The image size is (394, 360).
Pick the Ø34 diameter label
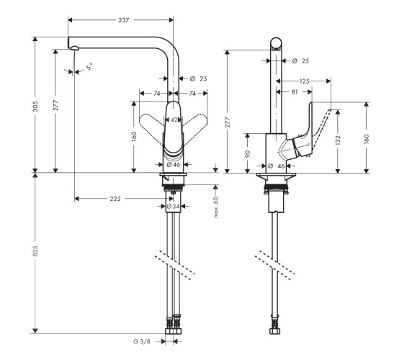tap(173, 207)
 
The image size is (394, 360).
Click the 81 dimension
tap(296, 92)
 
